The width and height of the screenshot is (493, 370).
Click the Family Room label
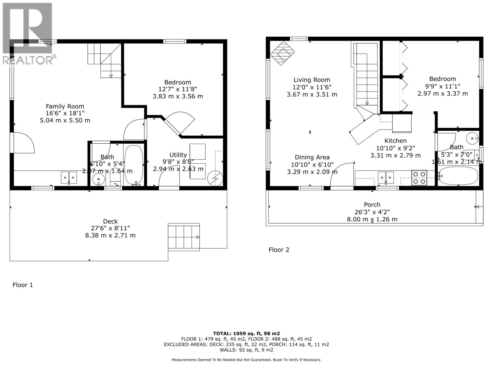coord(65,107)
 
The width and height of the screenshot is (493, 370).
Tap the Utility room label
coord(178,155)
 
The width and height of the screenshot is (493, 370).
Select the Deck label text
coord(110,221)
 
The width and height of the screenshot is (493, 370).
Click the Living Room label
coord(312,80)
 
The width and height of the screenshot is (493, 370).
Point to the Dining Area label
coord(312,157)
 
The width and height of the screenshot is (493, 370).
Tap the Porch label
coord(372,205)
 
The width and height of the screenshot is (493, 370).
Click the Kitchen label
coord(395,141)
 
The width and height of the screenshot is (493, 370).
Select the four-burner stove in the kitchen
coord(419,178)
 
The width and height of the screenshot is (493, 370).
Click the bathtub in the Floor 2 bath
coord(458,176)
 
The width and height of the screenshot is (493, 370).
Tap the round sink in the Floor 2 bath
coord(471,138)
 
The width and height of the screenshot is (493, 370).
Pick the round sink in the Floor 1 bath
coord(99,179)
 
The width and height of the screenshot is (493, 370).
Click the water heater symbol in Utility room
coord(215,179)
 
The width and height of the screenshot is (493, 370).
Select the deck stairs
coord(184,237)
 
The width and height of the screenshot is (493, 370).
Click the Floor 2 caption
coord(279,250)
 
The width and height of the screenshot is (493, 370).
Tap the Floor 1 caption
coord(22,285)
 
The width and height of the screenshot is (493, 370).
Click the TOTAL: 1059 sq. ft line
coord(246,333)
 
